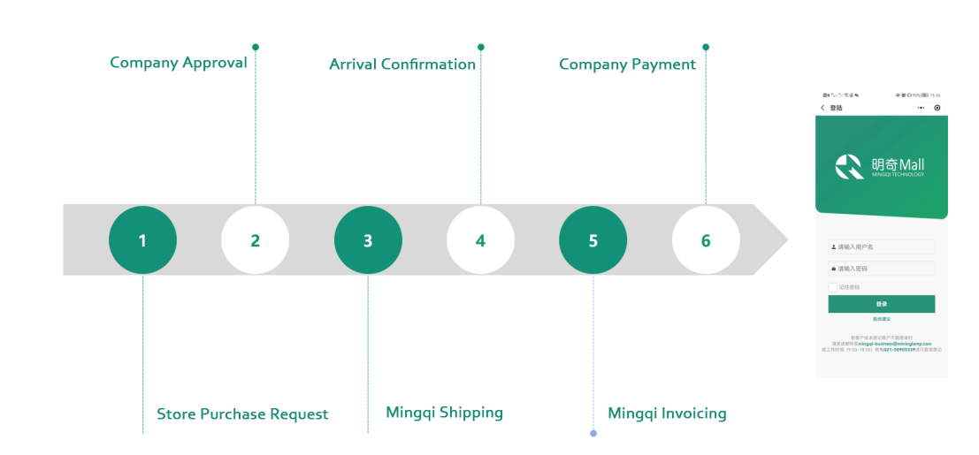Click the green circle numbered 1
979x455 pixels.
coord(142,240)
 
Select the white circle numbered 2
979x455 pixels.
coord(255,240)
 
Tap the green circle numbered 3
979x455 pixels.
coord(368,240)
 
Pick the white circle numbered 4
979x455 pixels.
coord(480,240)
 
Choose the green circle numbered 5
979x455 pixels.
coord(593,240)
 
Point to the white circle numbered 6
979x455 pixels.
coord(706,240)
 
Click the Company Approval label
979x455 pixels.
coord(179,63)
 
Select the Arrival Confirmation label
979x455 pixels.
coord(402,64)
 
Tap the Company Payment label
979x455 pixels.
coord(627,64)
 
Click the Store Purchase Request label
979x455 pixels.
coord(242,414)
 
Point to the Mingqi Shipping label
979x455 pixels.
coord(444,413)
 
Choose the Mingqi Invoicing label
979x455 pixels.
coord(667,413)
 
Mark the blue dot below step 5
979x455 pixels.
coord(593,433)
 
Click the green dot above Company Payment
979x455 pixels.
coord(706,47)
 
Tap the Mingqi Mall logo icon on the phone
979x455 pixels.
coord(850,166)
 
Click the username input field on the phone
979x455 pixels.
coord(881,247)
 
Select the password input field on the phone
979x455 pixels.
coord(881,269)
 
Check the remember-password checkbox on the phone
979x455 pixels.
coord(832,287)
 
